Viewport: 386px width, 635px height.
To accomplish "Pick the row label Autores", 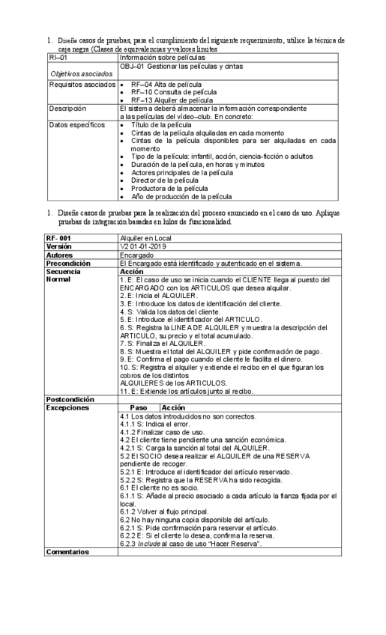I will (59, 255).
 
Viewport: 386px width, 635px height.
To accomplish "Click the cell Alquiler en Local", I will (143, 238).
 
